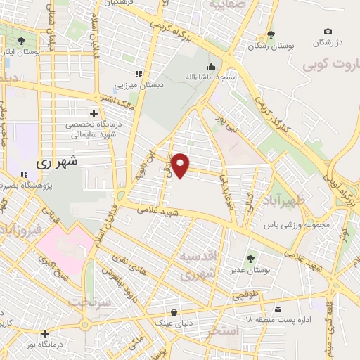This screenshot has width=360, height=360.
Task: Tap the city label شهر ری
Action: pyautogui.click(x=54, y=161)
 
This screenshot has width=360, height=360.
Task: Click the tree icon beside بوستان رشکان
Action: pyautogui.click(x=270, y=34)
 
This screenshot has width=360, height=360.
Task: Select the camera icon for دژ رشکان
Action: pyautogui.click(x=328, y=31)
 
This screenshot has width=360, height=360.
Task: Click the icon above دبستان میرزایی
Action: pyautogui.click(x=139, y=74)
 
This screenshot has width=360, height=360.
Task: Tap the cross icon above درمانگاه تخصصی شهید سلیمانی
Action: pyautogui.click(x=93, y=112)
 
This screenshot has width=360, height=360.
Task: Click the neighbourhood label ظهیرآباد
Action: pyautogui.click(x=288, y=202)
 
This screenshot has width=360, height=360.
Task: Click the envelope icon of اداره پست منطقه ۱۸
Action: pyautogui.click(x=278, y=309)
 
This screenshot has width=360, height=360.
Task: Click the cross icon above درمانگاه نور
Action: pyautogui.click(x=46, y=334)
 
